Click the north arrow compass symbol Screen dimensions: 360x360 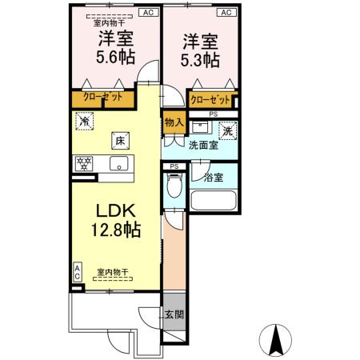point(276,339)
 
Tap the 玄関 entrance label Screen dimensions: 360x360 point(174,314)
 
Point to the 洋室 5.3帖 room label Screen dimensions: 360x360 point(201,49)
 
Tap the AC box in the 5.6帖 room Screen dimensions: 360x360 point(148,13)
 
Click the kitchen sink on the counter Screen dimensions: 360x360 point(119,165)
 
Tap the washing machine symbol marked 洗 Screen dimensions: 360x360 point(226,131)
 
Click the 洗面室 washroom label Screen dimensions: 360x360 point(204,146)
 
